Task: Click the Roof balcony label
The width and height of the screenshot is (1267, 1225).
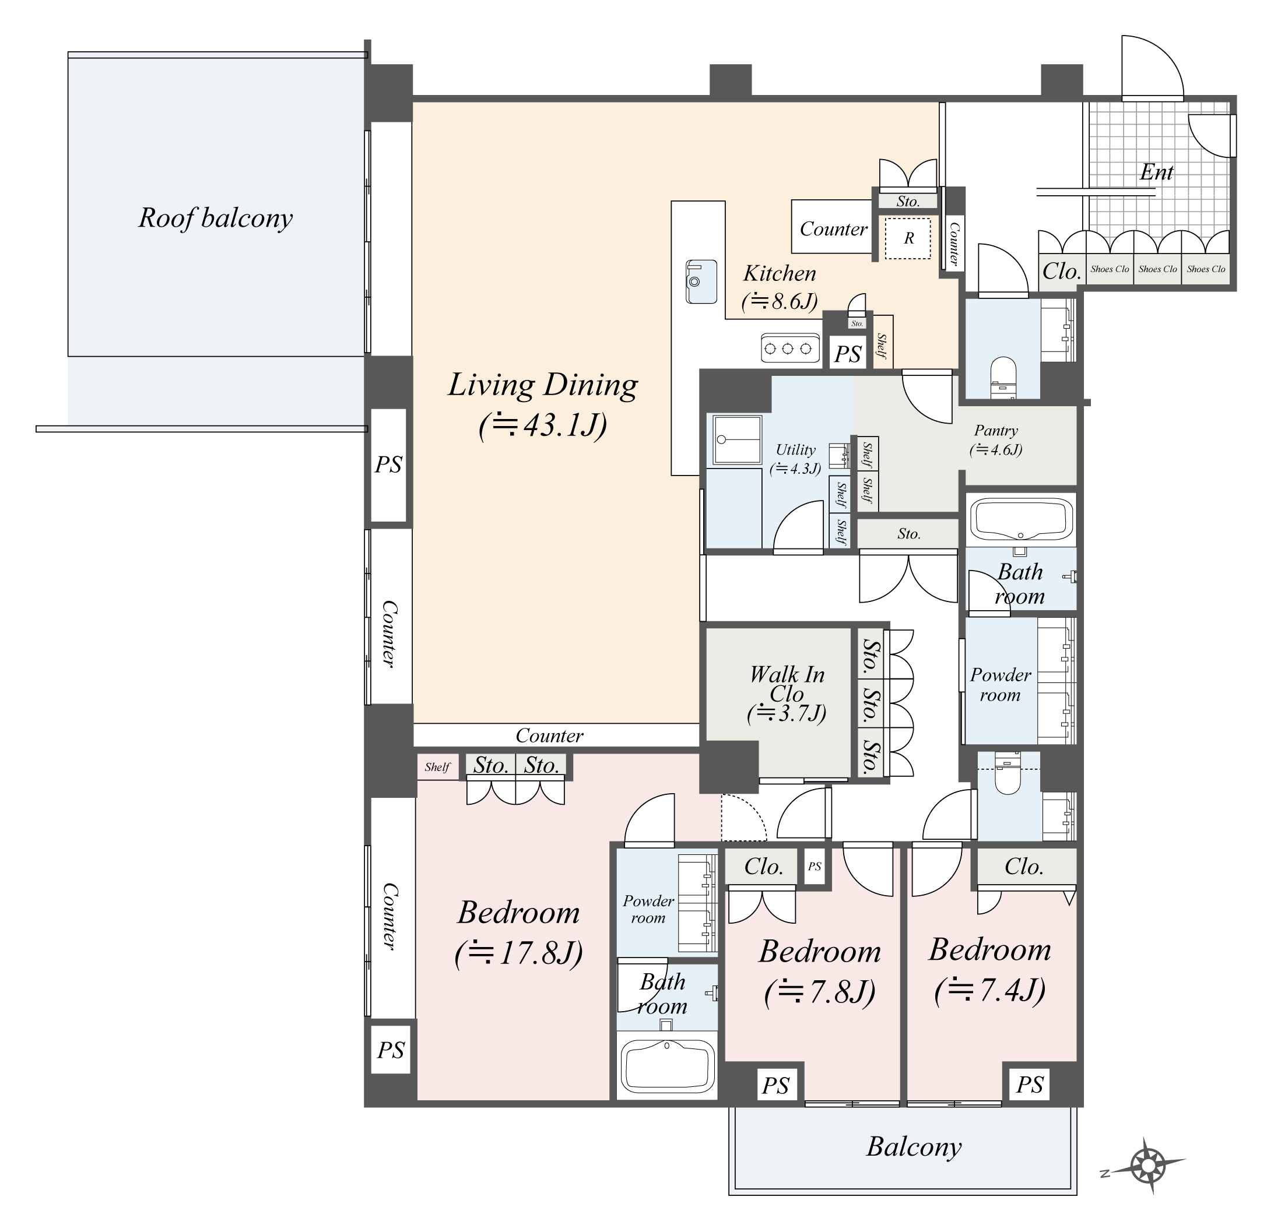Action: [x=215, y=219]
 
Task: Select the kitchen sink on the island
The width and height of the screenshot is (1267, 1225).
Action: [x=701, y=281]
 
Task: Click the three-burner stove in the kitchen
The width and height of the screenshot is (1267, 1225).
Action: [x=788, y=349]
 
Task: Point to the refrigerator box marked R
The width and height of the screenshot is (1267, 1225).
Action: [x=908, y=238]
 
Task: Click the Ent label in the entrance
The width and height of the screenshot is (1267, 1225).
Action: [x=1156, y=172]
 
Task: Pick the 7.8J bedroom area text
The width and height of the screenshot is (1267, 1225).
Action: [x=820, y=991]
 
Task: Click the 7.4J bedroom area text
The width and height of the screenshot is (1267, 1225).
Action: [x=989, y=989]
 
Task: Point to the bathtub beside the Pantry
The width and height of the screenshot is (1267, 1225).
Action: [x=1021, y=518]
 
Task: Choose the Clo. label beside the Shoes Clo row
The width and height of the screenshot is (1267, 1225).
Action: [x=1061, y=271]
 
